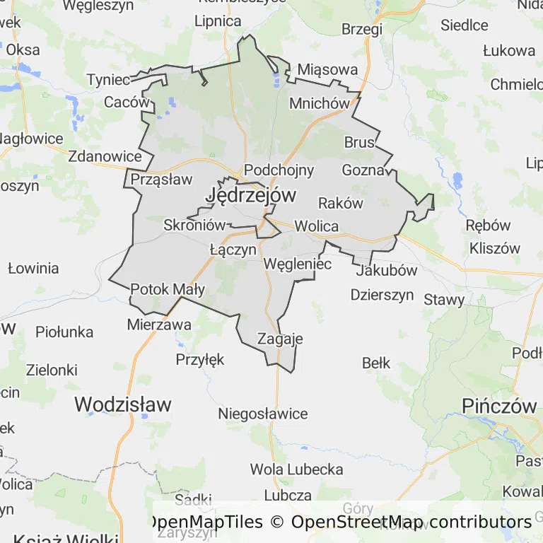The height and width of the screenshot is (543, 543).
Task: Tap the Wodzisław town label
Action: [x=123, y=404]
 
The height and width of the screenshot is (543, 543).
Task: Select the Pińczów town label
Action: [x=500, y=406]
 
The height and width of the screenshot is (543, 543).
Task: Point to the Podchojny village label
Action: [x=279, y=170]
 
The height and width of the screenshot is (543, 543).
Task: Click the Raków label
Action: [x=341, y=203]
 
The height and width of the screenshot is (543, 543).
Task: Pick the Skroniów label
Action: [x=194, y=226]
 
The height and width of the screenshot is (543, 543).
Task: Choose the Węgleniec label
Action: [x=297, y=264]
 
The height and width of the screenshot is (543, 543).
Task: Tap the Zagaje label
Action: [x=280, y=339]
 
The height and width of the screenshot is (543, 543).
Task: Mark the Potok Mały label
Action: [x=168, y=289]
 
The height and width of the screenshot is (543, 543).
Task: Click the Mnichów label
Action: [x=320, y=103]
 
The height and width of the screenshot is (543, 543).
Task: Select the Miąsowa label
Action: [x=327, y=70]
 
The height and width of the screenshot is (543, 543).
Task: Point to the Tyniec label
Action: [x=108, y=79]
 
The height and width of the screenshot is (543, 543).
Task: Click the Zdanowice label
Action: [x=105, y=156]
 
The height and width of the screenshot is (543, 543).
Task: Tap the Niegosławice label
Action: [x=263, y=414]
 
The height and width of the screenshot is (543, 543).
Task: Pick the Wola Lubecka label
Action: [x=296, y=469]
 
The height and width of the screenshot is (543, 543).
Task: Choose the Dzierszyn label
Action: [x=382, y=295]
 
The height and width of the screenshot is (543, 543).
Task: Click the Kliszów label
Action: [x=494, y=248]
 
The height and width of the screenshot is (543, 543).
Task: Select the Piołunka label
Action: [x=64, y=332]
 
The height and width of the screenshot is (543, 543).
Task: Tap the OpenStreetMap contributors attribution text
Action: [x=411, y=522]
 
